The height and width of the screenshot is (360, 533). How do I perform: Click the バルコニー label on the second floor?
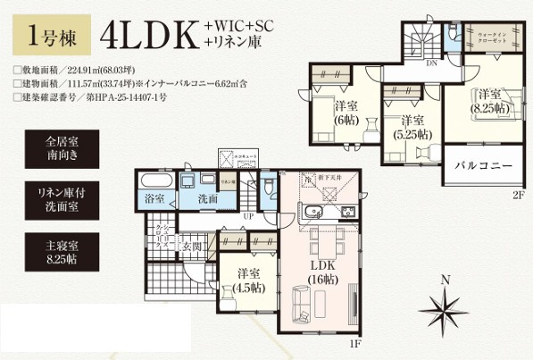coord(482,166)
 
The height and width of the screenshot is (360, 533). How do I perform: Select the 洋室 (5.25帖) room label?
coord(412,128)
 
